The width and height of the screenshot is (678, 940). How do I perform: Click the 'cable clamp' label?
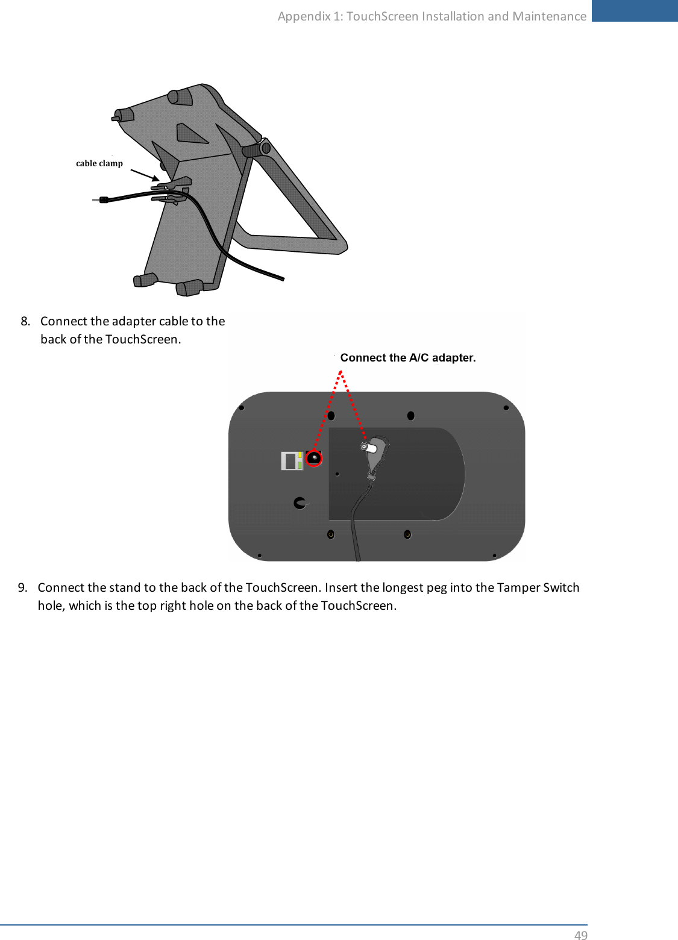99,163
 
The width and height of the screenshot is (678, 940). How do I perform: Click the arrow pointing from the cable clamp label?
145,175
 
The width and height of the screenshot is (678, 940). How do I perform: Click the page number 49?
580,935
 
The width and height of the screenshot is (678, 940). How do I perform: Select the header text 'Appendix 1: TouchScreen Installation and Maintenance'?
432,16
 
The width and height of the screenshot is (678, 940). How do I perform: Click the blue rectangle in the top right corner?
634,11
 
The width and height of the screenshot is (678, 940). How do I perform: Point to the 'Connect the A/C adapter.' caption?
408,358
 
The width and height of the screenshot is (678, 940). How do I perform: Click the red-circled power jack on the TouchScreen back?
314,459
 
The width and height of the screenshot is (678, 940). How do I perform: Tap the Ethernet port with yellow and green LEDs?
292,461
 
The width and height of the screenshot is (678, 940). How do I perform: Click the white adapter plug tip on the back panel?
368,448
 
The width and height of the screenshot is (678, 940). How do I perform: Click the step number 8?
25,321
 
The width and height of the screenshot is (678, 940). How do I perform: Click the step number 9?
22,587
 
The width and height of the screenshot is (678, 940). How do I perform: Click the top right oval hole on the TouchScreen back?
411,416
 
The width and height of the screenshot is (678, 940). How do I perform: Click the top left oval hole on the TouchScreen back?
331,416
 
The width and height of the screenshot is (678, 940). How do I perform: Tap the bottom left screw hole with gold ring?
331,534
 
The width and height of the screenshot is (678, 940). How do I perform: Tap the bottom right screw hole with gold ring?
407,534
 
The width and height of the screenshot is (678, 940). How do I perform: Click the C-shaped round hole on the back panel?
300,503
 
